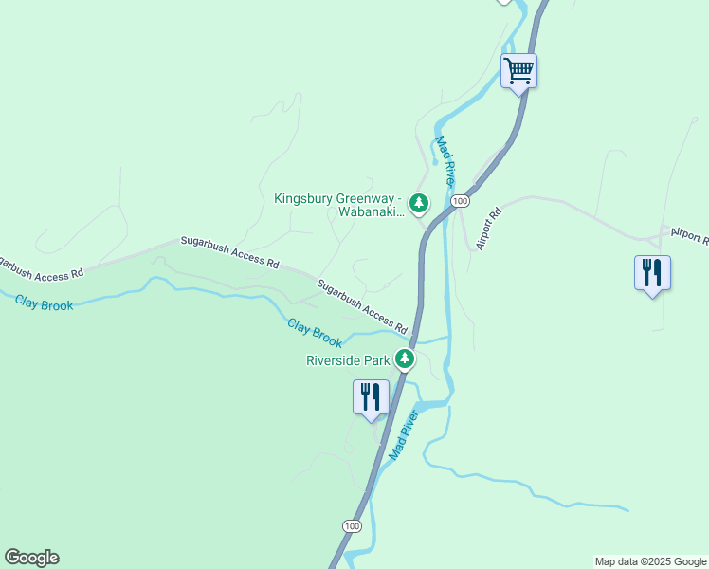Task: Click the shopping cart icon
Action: click(518, 70)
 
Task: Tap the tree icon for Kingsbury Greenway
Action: click(419, 202)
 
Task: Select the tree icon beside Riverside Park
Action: click(405, 358)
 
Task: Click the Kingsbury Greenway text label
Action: click(339, 205)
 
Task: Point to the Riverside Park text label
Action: click(348, 360)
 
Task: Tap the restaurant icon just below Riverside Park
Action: click(371, 396)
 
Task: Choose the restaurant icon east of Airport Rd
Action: click(652, 273)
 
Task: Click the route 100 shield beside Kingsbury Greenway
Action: click(460, 202)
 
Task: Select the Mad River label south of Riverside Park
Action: click(403, 435)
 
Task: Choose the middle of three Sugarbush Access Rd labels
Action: click(230, 252)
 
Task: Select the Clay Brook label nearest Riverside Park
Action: click(314, 332)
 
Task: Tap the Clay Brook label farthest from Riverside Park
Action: click(44, 303)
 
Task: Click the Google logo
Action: click(31, 558)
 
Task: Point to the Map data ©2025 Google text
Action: click(650, 561)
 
